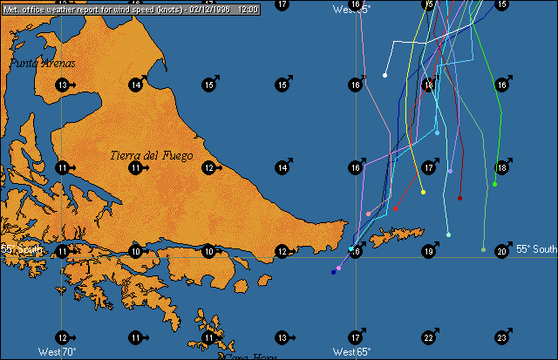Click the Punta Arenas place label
tap(43, 63)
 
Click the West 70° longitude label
tap(58, 352)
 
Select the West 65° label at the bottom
tap(352, 352)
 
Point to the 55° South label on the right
tap(535, 249)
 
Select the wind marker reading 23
tap(502, 337)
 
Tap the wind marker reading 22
tap(429, 337)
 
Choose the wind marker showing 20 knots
tap(502, 252)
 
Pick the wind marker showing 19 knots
tap(429, 252)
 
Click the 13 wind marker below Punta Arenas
tap(62, 85)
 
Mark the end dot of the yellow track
tap(423, 192)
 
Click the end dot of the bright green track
tap(494, 184)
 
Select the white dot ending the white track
tap(385, 75)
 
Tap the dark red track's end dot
tap(460, 198)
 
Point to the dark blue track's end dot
tap(333, 272)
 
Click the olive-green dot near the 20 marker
tap(483, 249)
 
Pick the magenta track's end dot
tap(338, 268)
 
